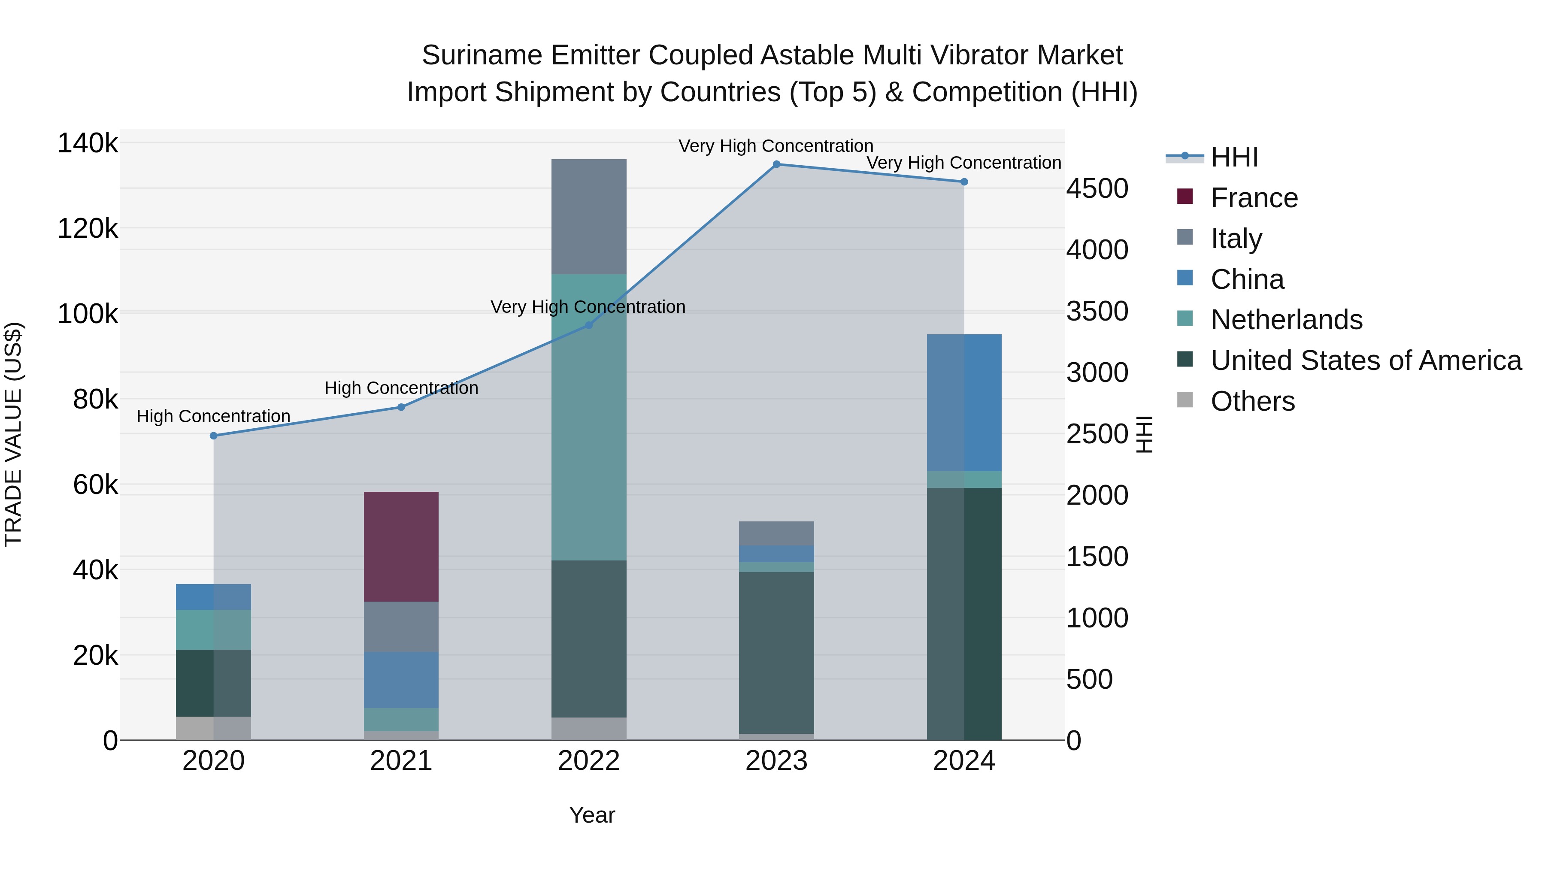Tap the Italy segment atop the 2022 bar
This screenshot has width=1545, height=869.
[588, 217]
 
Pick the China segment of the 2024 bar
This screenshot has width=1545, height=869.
[964, 403]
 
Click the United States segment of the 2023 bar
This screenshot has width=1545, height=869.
[776, 652]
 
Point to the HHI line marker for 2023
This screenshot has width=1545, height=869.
[776, 164]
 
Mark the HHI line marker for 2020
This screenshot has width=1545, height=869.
[214, 436]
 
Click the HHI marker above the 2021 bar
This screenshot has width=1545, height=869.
[401, 407]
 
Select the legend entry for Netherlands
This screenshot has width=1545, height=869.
[1286, 320]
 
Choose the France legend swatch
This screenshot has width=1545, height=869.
[1184, 197]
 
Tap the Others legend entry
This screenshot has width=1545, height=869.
[1252, 401]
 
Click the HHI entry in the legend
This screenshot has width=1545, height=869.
[1234, 157]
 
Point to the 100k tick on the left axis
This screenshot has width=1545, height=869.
[88, 314]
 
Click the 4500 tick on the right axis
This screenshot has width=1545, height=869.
[1097, 189]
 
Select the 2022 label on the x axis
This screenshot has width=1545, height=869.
[588, 761]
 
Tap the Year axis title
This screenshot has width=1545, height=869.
[591, 815]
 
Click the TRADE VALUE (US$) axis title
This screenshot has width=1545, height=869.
[13, 434]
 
